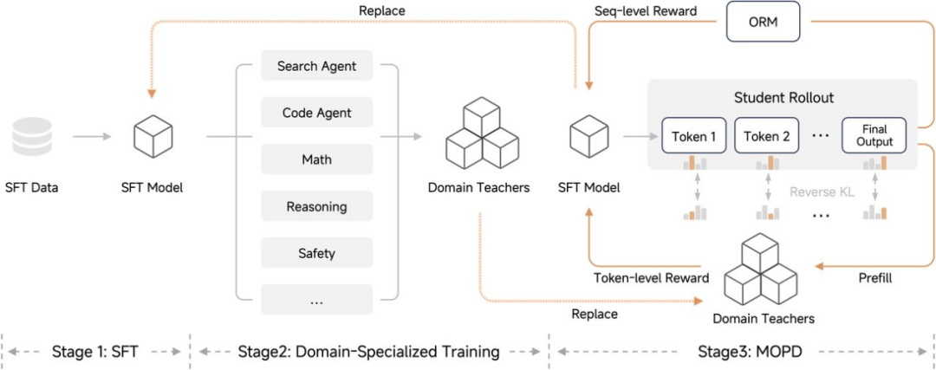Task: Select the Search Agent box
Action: (317, 66)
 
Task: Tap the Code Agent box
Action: (317, 113)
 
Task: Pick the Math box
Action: (317, 159)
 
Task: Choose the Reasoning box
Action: (317, 207)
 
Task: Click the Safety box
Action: (317, 254)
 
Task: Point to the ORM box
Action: (764, 24)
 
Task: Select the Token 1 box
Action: (694, 136)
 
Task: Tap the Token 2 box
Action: (768, 136)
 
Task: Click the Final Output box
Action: (874, 136)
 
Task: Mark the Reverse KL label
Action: (822, 192)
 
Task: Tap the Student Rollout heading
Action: (783, 97)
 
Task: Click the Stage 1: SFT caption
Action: (94, 351)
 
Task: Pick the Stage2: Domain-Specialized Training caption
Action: (368, 351)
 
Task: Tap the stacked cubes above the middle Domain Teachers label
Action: (478, 135)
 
